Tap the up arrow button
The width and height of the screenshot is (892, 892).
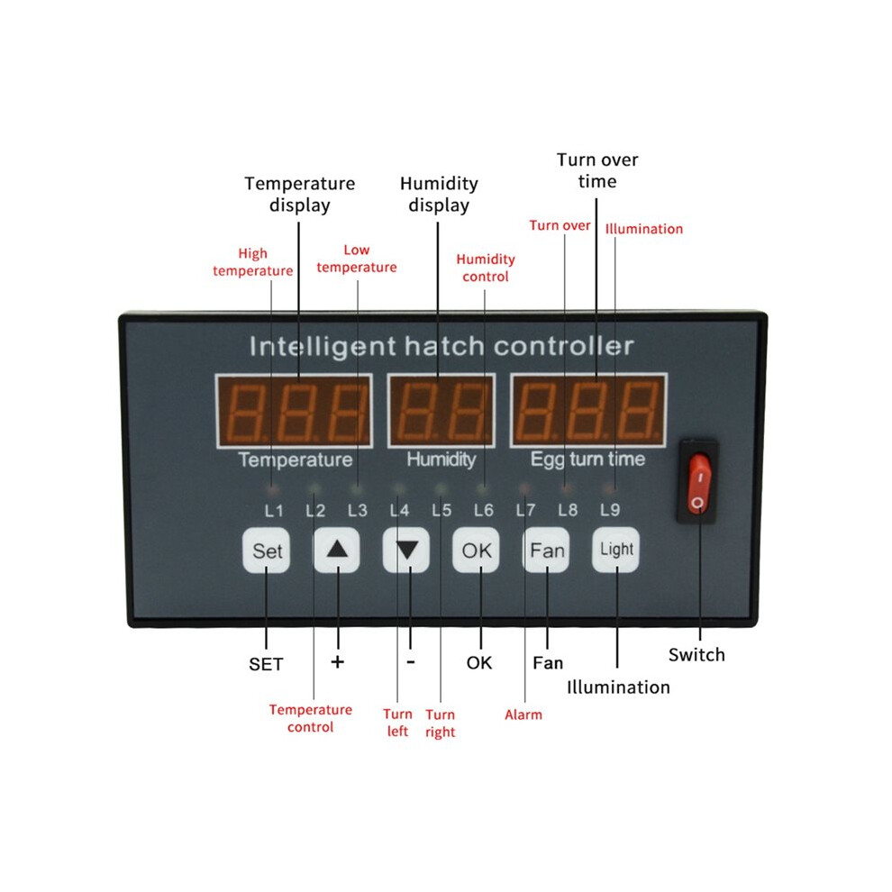pos(337,551)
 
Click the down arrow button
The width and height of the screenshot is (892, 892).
pos(406,551)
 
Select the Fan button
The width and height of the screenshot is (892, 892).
pos(546,551)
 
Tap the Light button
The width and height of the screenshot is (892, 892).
pos(616,550)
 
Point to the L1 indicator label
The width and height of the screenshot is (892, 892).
pos(274,511)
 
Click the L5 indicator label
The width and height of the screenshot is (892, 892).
pos(441,510)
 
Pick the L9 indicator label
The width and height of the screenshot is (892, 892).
pos(610,510)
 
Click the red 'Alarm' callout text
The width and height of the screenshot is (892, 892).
pos(523,715)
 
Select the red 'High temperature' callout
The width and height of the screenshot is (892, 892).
pos(252,261)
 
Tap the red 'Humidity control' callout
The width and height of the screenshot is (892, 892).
pos(486,268)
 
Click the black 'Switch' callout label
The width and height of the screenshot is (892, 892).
pos(696,655)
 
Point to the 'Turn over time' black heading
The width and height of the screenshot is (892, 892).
pos(597,170)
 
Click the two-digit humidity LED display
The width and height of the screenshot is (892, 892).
pos(441,411)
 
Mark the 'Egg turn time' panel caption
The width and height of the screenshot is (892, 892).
pos(587,460)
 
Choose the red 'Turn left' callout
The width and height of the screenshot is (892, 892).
pos(397,723)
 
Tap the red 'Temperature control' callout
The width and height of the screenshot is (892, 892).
pos(311,718)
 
